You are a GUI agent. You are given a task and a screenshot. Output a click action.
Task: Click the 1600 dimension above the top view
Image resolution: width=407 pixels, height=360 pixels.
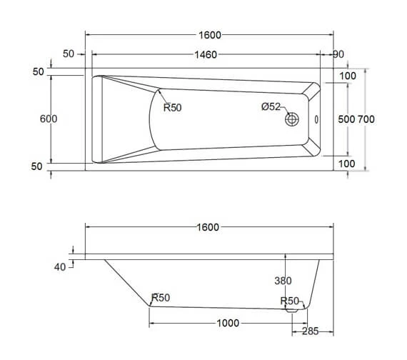(x=210, y=35)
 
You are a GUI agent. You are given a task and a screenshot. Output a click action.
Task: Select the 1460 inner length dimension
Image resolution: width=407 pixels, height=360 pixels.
(x=206, y=54)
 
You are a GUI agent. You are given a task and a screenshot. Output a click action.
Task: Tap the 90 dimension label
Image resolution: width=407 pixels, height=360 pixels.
(x=338, y=54)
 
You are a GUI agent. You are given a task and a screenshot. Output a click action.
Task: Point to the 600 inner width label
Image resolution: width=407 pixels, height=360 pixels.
(x=49, y=119)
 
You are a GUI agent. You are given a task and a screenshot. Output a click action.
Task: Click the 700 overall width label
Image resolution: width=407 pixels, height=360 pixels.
(x=366, y=119)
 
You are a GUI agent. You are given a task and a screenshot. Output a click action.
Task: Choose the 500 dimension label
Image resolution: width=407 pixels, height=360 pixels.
(x=346, y=119)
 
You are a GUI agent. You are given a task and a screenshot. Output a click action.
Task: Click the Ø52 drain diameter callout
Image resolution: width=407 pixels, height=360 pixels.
(x=271, y=106)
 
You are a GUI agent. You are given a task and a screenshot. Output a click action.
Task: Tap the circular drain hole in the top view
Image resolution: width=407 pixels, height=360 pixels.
(x=292, y=119)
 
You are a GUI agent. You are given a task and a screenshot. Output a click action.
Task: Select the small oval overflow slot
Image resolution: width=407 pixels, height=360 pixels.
(x=316, y=119)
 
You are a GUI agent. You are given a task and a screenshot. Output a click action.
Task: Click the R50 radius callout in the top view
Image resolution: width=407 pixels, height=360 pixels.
(x=172, y=107)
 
